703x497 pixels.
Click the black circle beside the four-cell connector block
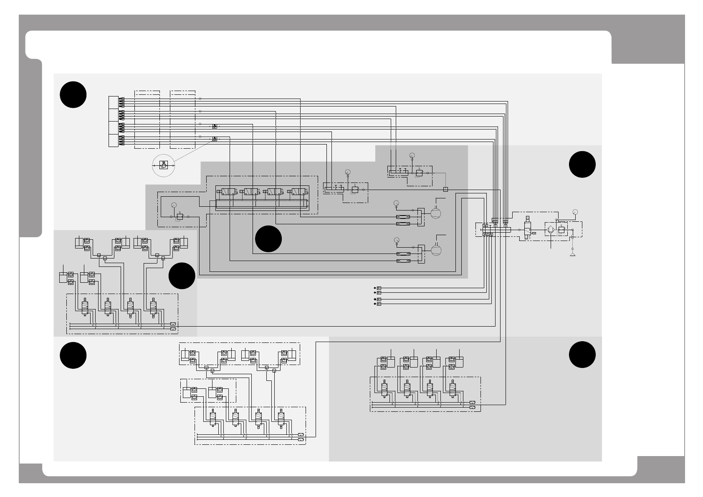pos(73,95)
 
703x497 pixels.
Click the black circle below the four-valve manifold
pos(268,239)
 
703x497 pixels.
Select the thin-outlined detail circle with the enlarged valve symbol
pos(164,165)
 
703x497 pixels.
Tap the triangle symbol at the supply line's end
pos(573,254)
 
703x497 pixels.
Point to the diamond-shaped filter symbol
pos(550,229)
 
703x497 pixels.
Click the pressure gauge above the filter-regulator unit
pos(575,212)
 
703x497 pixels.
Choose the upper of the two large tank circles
pos(435,212)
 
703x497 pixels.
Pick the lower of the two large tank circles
pos(435,250)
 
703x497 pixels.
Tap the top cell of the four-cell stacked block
pos(113,102)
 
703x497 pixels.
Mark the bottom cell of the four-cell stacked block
pos(113,141)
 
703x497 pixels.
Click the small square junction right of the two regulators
pos(445,189)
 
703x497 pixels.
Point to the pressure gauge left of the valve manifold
pos(174,205)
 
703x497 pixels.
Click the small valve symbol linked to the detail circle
pos(215,139)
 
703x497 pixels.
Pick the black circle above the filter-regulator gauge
pos(582,165)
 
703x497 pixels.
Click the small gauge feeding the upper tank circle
pos(397,203)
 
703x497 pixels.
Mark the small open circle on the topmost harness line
pos(200,99)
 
